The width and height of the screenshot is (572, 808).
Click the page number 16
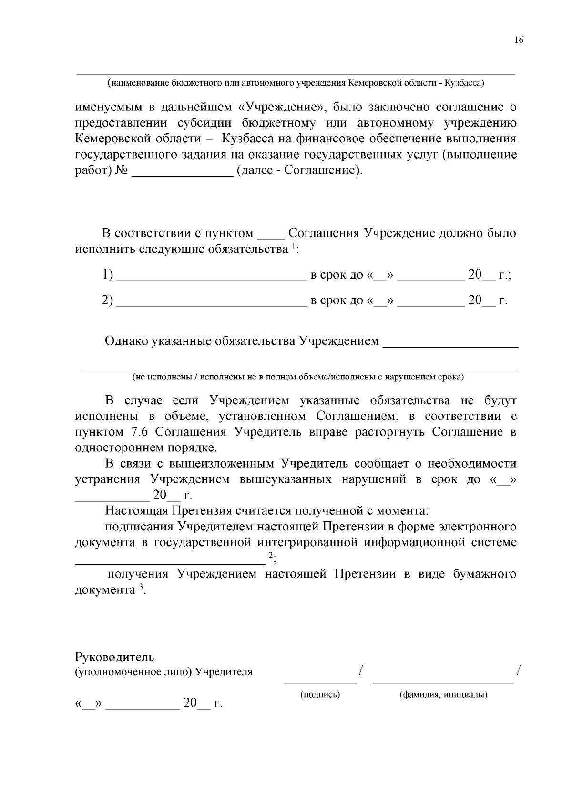point(519,40)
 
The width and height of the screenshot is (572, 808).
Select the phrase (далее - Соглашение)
point(299,170)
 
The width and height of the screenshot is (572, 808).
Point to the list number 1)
point(108,275)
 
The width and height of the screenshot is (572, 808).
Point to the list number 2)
point(108,300)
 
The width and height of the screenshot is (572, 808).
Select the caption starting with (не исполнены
point(298,378)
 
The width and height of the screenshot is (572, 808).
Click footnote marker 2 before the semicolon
point(270,555)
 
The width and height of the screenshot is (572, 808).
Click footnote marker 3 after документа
point(141,587)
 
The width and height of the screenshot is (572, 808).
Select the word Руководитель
point(115,658)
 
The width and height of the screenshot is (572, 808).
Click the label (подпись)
point(320,694)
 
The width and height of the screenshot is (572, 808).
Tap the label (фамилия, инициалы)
point(443,694)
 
